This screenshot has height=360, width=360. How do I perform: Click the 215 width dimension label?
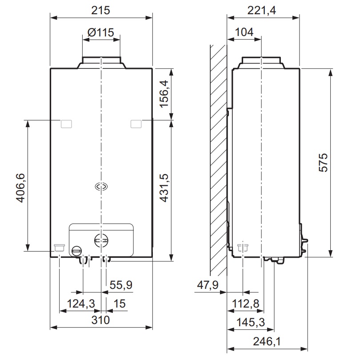[x=100, y=10]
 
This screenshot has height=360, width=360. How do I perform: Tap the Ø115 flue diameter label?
[x=101, y=32]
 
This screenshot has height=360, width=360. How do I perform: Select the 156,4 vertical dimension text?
[x=164, y=94]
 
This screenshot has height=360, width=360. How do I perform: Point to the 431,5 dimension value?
[x=164, y=188]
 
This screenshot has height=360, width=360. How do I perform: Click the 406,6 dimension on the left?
[x=20, y=188]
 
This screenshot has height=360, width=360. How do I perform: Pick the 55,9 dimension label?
[x=121, y=285]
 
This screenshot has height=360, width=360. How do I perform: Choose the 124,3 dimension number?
[x=81, y=304]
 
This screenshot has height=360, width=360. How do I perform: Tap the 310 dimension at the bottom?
[x=100, y=320]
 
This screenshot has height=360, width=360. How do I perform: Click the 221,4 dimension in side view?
[x=262, y=10]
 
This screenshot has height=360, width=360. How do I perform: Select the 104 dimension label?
[x=244, y=32]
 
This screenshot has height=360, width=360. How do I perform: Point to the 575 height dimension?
[x=323, y=163]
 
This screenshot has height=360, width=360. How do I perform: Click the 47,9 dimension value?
[x=208, y=285]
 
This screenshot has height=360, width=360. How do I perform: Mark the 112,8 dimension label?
[x=246, y=304]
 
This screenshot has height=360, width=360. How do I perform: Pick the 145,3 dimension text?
[x=251, y=322]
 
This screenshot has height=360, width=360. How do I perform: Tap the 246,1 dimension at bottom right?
[x=267, y=341]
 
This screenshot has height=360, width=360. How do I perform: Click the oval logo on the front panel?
[x=101, y=187]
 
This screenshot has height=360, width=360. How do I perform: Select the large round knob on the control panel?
[x=101, y=240]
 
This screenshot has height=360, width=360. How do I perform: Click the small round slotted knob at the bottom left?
[x=77, y=251]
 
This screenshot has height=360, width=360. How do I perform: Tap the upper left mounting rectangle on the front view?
[x=66, y=124]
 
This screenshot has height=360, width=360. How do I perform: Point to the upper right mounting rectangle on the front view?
[x=136, y=124]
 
